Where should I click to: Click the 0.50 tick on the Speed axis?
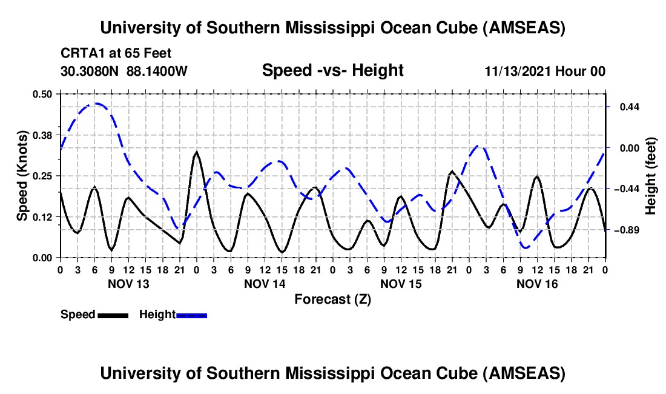(x=43, y=93)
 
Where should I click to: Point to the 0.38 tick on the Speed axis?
(x=43, y=135)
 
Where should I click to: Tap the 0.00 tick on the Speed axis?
(x=43, y=258)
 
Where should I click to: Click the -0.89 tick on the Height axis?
(x=625, y=230)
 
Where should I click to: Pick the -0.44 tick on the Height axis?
(x=625, y=189)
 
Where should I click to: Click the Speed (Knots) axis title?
(x=22, y=176)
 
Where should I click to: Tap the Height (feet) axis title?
(x=650, y=176)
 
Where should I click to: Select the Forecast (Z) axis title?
(x=332, y=299)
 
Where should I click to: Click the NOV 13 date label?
(x=128, y=284)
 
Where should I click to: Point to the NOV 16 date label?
(x=536, y=284)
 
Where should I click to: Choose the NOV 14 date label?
(x=265, y=284)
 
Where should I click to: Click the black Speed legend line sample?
(x=113, y=315)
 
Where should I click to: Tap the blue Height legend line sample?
(x=192, y=315)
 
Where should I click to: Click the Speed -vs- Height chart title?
(x=332, y=70)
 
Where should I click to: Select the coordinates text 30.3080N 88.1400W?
(x=124, y=71)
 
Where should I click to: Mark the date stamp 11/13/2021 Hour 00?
(x=545, y=71)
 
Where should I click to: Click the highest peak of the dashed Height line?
(x=94, y=104)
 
